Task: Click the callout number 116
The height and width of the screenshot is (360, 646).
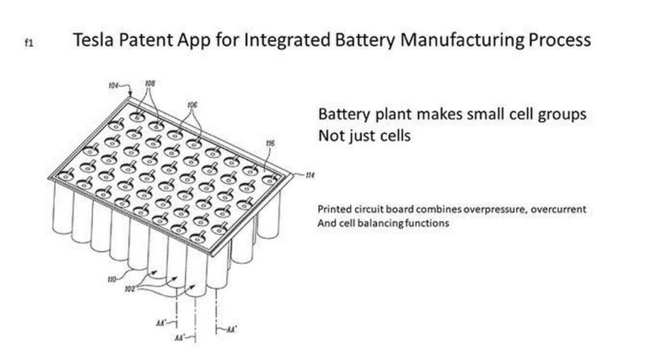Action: tap(271, 144)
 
